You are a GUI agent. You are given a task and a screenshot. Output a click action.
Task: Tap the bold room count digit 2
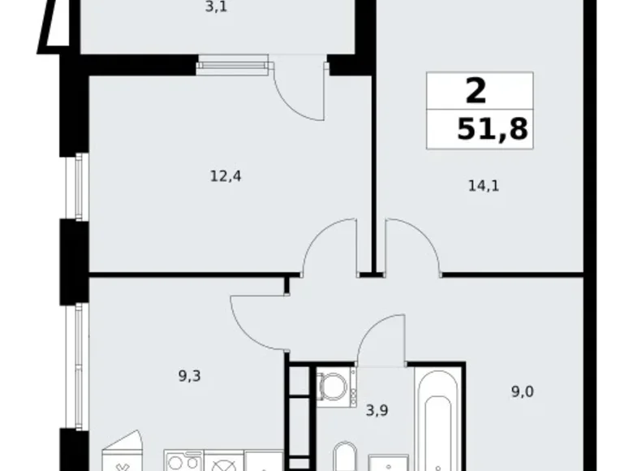point(476,90)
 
